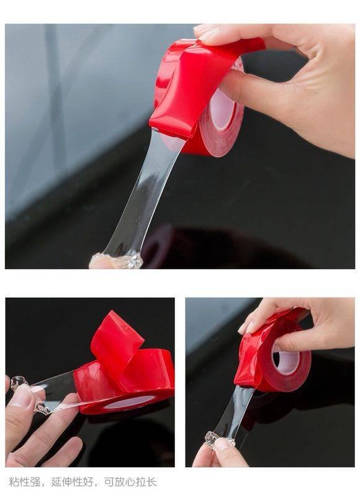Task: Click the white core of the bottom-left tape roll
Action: (x=129, y=403)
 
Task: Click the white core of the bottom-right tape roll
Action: (x=286, y=362)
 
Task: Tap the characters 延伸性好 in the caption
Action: (x=72, y=483)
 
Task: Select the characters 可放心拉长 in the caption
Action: (x=130, y=483)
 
